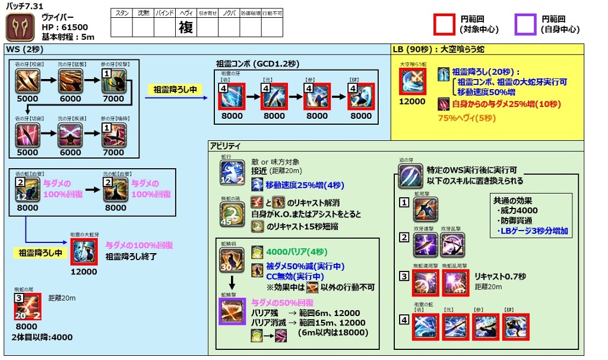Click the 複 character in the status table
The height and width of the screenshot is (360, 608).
point(185,27)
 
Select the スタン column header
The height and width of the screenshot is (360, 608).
point(121,12)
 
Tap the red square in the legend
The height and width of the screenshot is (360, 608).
point(444,24)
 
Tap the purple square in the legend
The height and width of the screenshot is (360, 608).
point(525,24)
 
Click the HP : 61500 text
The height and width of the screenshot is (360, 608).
point(65,27)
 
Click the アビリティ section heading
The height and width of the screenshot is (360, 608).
point(226,146)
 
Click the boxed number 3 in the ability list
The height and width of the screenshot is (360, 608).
point(404,276)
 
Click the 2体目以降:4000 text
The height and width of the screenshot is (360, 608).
point(42,337)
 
